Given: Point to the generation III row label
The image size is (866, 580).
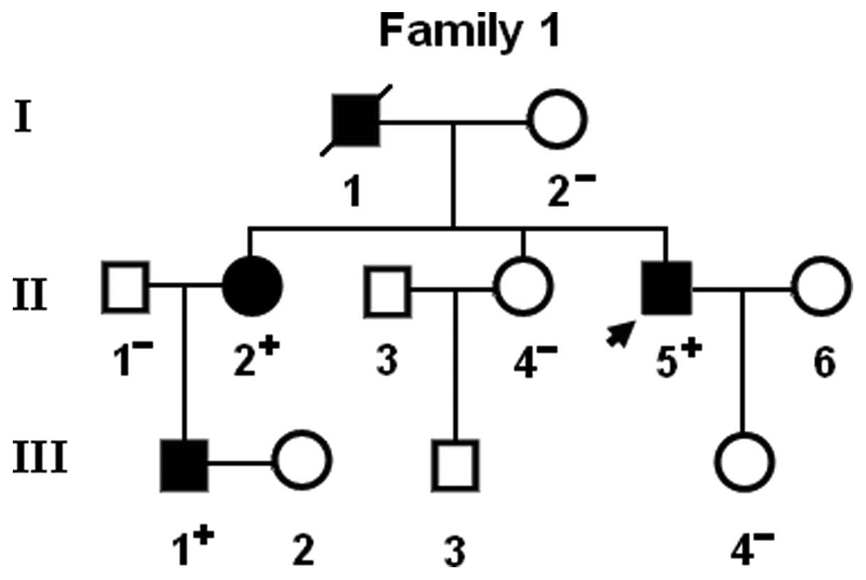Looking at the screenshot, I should tap(40, 458).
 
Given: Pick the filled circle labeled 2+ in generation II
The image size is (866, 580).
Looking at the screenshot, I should tap(253, 287).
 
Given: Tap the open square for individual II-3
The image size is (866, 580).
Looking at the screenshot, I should tap(388, 289).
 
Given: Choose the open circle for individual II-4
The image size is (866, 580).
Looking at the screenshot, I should tap(523, 287).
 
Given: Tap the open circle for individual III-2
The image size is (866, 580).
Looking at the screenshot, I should tap(302, 461).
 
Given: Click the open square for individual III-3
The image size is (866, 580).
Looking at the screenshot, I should tap(456, 463).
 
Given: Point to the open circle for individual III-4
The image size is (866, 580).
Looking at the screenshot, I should tap(744, 461).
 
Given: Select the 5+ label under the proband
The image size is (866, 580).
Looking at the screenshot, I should tap(674, 360).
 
